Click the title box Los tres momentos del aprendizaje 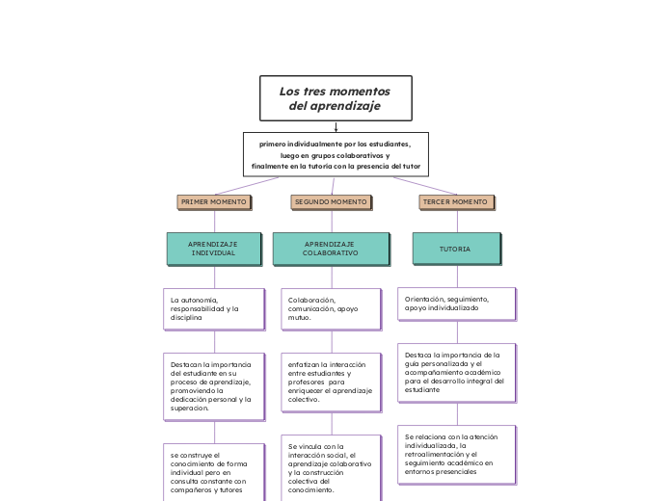click(336, 98)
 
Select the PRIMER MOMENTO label click(214, 202)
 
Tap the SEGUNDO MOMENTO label click(331, 202)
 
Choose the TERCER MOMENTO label click(456, 202)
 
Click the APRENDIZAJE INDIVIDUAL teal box click(213, 249)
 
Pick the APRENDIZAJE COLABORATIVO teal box click(331, 249)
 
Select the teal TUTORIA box click(456, 249)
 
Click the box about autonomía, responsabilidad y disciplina click(213, 309)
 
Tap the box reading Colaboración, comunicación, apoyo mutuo click(331, 309)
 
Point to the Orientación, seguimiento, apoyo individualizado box click(456, 303)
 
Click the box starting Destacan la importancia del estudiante click(213, 386)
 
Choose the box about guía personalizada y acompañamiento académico click(456, 372)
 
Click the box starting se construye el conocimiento click(213, 472)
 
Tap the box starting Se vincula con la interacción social click(331, 468)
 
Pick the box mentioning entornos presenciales click(456, 455)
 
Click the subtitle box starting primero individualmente click(336, 154)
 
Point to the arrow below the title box click(336, 126)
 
